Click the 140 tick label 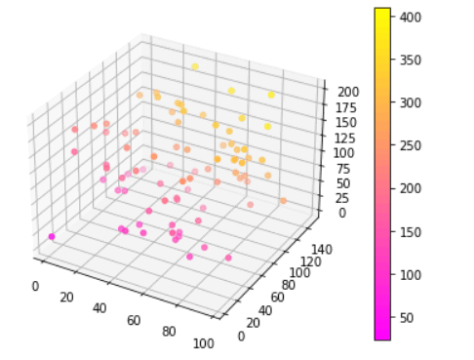(x=322, y=250)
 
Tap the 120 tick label (x=309, y=262)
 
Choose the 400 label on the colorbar (x=411, y=17)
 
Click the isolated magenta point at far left (x=51, y=237)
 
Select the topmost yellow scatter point (x=195, y=66)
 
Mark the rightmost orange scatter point (x=284, y=201)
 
